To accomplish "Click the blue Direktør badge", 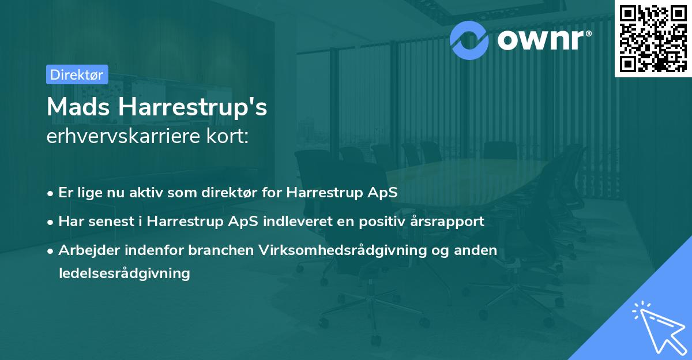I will coord(77,74).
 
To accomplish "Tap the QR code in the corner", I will coord(652,38).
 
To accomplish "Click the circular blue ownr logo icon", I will coord(469,39).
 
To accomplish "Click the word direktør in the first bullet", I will coord(235,193).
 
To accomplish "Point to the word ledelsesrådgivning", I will coord(124,273).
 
